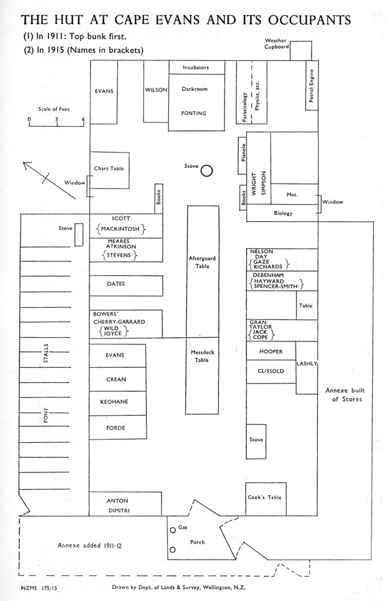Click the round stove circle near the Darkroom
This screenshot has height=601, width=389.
click(207, 171)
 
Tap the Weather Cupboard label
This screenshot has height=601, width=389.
click(276, 43)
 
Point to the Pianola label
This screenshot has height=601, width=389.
click(244, 153)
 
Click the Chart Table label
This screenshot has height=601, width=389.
click(109, 168)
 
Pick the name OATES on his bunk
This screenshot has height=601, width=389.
click(116, 284)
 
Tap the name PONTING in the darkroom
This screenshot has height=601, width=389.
click(193, 113)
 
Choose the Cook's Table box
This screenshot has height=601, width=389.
click(266, 499)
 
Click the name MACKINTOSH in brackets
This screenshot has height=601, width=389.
click(120, 229)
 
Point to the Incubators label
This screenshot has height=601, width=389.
click(196, 67)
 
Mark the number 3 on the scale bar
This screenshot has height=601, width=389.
click(56, 120)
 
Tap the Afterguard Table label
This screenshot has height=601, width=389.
click(202, 262)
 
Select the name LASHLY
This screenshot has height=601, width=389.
click(307, 364)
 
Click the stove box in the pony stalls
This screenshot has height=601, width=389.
click(79, 234)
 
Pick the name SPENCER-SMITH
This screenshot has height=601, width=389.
click(276, 286)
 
